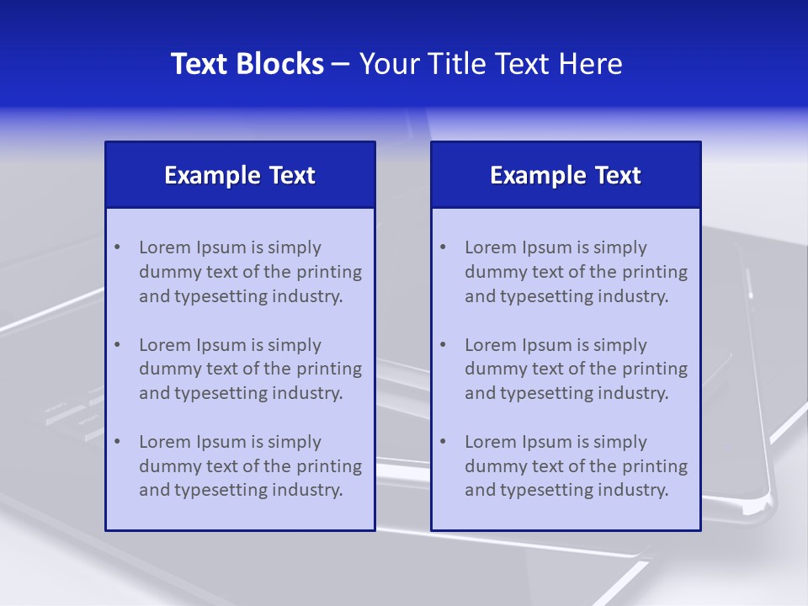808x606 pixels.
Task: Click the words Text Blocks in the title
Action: click(x=247, y=64)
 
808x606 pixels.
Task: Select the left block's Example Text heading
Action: click(x=240, y=175)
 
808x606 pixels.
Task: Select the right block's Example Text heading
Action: click(x=566, y=175)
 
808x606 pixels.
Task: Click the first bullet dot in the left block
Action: click(x=117, y=247)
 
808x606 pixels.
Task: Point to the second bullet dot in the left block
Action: click(x=117, y=345)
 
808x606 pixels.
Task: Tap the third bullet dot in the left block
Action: click(x=117, y=442)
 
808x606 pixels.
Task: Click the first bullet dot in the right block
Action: click(x=443, y=247)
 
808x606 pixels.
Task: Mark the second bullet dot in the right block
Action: click(x=443, y=345)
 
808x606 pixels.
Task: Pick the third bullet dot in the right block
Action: click(x=443, y=442)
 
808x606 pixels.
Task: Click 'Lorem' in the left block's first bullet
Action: click(x=165, y=247)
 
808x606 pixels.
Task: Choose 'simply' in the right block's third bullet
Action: click(x=620, y=442)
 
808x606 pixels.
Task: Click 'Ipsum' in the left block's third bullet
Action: click(x=220, y=442)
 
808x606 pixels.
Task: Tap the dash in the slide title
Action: click(x=341, y=64)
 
